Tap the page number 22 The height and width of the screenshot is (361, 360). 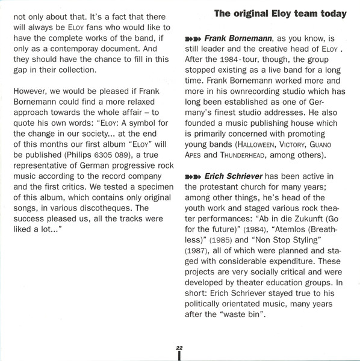tap(179, 348)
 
